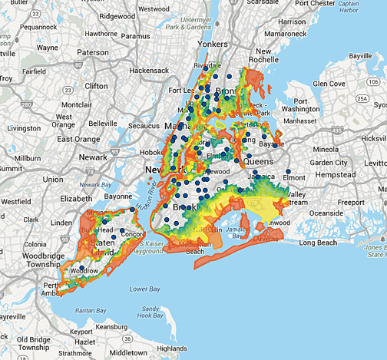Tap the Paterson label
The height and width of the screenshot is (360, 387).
point(93,52)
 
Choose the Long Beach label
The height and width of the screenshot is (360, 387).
point(318,243)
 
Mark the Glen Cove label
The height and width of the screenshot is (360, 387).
point(329,83)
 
